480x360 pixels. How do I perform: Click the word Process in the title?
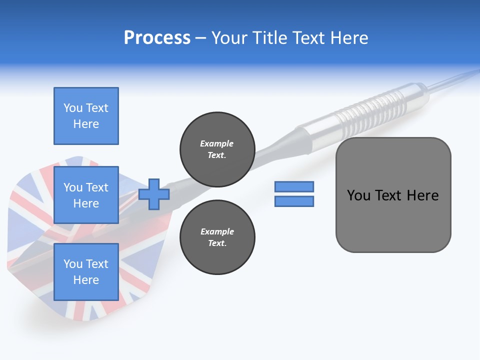click(157, 38)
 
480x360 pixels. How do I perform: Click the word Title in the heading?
click(269, 38)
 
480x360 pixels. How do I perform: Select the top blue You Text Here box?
click(86, 116)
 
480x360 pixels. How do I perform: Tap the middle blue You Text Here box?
click(86, 195)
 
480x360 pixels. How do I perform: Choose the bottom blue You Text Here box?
click(86, 272)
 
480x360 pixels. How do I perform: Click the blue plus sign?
click(154, 194)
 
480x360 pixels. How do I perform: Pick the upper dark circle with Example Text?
click(217, 149)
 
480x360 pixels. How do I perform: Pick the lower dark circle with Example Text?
click(217, 237)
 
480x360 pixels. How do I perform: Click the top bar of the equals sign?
click(294, 186)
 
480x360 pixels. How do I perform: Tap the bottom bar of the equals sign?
click(294, 201)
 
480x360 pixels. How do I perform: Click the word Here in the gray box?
click(423, 195)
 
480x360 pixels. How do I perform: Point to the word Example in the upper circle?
click(217, 143)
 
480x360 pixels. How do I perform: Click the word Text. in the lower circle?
click(217, 243)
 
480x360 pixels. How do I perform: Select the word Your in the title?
click(228, 38)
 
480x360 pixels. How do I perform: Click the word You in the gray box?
click(358, 195)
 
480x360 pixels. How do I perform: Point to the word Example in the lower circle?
click(217, 231)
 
